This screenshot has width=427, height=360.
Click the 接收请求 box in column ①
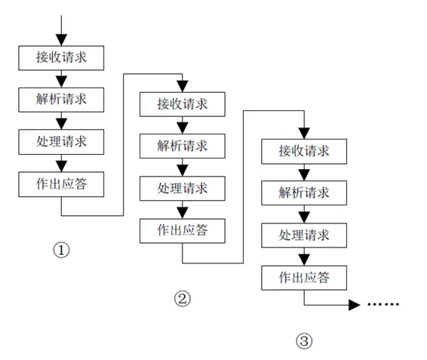click(x=61, y=58)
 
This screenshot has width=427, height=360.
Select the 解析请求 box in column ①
click(x=61, y=100)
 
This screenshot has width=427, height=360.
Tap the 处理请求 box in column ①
click(x=61, y=142)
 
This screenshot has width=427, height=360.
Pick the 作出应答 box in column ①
click(x=61, y=184)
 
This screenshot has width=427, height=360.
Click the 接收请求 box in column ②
click(x=183, y=104)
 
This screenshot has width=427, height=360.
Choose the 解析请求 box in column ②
click(x=183, y=146)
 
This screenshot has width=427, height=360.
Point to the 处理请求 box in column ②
click(x=183, y=189)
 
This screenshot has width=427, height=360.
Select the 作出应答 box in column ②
click(x=183, y=231)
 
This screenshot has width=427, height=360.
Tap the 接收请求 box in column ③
click(x=304, y=152)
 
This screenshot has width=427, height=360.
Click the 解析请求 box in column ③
click(x=304, y=193)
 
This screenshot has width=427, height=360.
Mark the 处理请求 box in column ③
click(x=304, y=235)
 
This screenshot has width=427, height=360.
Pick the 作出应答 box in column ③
click(x=304, y=278)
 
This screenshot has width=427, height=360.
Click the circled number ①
click(x=61, y=250)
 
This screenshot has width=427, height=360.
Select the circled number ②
click(x=183, y=299)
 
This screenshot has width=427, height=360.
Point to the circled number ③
click(x=304, y=341)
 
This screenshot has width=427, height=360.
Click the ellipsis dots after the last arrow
click(x=383, y=304)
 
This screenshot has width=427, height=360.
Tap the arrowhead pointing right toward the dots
click(x=355, y=305)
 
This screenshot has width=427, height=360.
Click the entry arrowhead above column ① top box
click(x=61, y=40)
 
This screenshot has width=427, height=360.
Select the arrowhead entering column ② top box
click(x=183, y=86)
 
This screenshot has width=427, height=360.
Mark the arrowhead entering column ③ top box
click(x=304, y=134)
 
